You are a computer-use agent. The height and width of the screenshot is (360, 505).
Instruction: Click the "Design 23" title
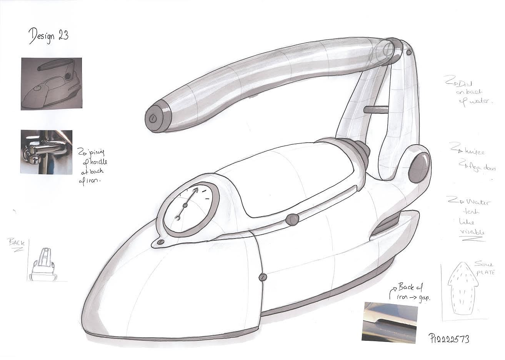click(x=49, y=36)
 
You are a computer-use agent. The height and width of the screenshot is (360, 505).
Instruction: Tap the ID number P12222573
click(x=449, y=338)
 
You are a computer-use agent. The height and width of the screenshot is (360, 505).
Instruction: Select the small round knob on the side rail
click(x=292, y=220)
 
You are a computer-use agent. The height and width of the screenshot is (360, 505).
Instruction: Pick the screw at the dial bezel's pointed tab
click(x=161, y=242)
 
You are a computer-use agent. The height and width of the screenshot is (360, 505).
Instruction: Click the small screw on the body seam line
click(x=263, y=277)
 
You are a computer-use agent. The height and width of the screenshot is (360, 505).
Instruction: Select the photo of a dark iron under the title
click(x=51, y=83)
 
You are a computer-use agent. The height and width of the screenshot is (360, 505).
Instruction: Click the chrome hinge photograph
click(x=46, y=152)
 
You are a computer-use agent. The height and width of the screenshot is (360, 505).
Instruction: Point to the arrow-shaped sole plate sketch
click(x=463, y=288)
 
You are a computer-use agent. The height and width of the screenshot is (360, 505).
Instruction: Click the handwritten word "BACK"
click(x=16, y=243)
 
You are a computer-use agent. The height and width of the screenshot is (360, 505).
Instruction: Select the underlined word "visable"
click(x=472, y=232)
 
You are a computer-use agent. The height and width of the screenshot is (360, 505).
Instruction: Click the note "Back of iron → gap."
click(x=410, y=292)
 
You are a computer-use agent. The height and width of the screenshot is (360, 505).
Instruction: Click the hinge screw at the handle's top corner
click(x=409, y=52)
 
